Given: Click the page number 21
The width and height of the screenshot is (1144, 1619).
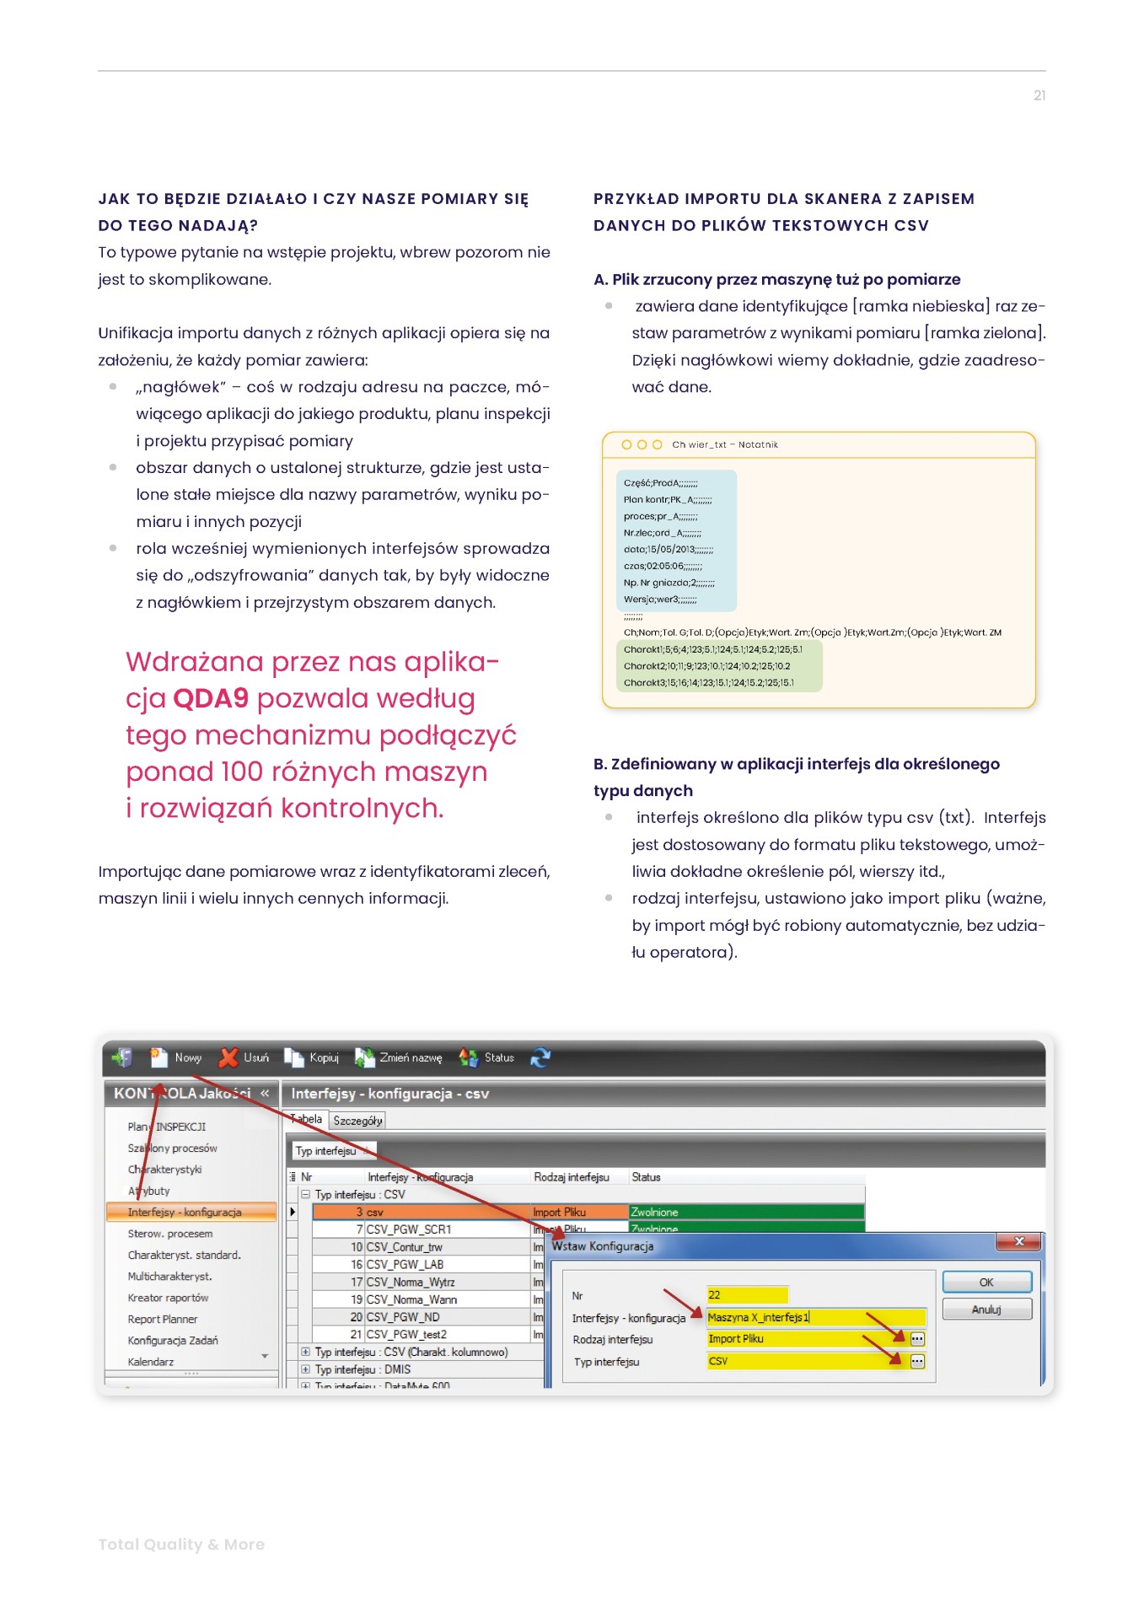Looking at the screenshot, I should pos(1039,96).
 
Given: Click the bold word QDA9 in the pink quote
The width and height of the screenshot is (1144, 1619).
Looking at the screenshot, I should pos(211,699).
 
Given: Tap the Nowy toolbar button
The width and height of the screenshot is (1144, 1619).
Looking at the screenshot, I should pos(176,1057).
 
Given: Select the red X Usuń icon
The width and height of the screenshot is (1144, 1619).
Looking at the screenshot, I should pos(228,1057).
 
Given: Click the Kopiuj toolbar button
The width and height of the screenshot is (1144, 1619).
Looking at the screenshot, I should pos(312,1057).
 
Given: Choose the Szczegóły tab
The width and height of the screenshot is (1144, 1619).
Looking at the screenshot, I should pos(357,1121).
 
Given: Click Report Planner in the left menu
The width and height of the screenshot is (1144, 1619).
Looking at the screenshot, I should pos(163,1319).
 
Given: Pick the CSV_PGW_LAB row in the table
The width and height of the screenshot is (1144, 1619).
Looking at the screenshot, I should pos(405,1264).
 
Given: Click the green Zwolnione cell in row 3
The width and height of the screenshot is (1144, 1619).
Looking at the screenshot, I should pos(746,1212).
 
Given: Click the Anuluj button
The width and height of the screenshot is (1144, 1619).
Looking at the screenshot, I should pos(986,1310).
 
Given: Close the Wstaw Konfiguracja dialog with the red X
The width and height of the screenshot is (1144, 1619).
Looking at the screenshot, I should pos(1019,1241).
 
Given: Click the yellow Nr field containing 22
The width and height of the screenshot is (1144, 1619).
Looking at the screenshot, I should pos(747,1294).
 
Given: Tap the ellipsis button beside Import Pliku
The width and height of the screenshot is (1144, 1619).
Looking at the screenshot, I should pos(918,1338).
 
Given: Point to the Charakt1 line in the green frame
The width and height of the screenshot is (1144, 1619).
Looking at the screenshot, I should pos(712,649).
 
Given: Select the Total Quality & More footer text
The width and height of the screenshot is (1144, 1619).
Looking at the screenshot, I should pos(181,1544).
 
